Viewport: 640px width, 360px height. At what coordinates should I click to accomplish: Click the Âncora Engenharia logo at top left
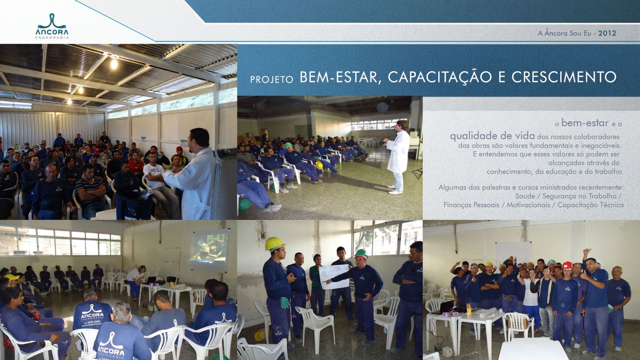(x=52, y=26)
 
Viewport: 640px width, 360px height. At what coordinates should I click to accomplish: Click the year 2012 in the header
(x=607, y=33)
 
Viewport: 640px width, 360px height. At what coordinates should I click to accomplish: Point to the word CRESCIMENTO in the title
(x=564, y=77)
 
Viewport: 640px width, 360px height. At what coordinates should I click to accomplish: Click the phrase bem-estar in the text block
(x=585, y=123)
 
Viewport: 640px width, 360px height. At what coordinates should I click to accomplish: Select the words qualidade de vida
(x=492, y=136)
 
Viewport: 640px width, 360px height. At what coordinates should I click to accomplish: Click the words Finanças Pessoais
(x=471, y=205)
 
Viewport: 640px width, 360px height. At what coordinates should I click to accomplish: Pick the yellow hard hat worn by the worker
(x=275, y=243)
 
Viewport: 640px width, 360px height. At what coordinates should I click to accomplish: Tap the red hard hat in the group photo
(x=567, y=265)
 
